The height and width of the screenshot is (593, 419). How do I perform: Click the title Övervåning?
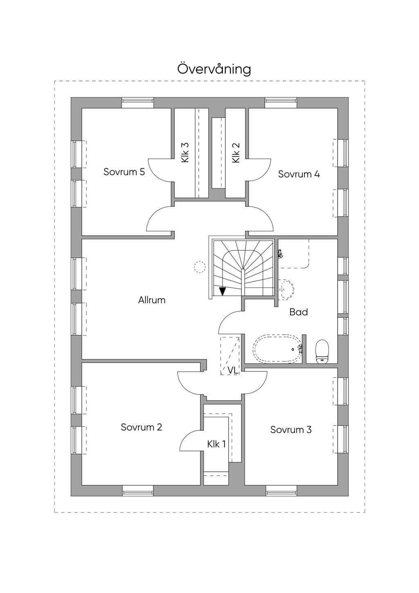pos(214,69)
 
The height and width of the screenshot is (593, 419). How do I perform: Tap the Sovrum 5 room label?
pos(124,172)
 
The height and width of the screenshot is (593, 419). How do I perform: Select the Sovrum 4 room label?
pos(299,174)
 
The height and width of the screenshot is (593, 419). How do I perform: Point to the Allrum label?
pos(152,300)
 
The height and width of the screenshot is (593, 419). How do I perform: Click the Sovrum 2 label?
pos(141,427)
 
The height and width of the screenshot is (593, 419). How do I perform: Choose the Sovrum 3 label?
pos(291,430)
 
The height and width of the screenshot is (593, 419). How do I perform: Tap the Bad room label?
pos(299,312)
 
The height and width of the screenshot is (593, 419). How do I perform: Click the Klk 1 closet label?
pos(216,444)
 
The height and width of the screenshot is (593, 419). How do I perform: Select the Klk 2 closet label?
pos(236,153)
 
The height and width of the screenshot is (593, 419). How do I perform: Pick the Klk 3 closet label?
pos(185,152)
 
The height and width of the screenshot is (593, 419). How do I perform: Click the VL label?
pos(233,371)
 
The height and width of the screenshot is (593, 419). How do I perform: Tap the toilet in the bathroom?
pos(322,351)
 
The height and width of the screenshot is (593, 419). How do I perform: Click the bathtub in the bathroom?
pos(277,349)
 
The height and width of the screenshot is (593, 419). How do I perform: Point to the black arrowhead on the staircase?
pos(223,292)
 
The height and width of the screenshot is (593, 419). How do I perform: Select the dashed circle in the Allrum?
pos(199,267)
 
